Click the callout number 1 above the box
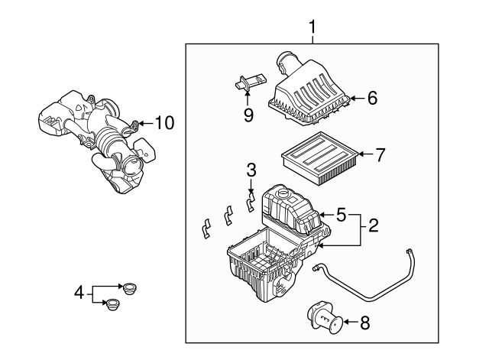[312, 28]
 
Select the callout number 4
[78, 291]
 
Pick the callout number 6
[372, 98]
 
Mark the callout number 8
[364, 323]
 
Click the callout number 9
[248, 115]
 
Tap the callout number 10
[164, 122]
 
